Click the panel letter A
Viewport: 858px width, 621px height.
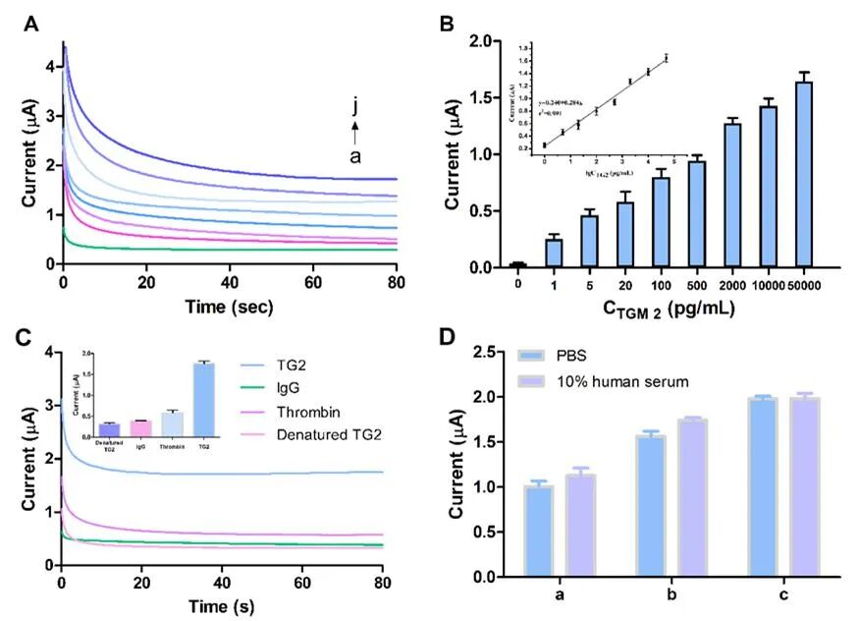tap(31, 26)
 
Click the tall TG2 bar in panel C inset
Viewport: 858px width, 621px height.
tap(204, 400)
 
